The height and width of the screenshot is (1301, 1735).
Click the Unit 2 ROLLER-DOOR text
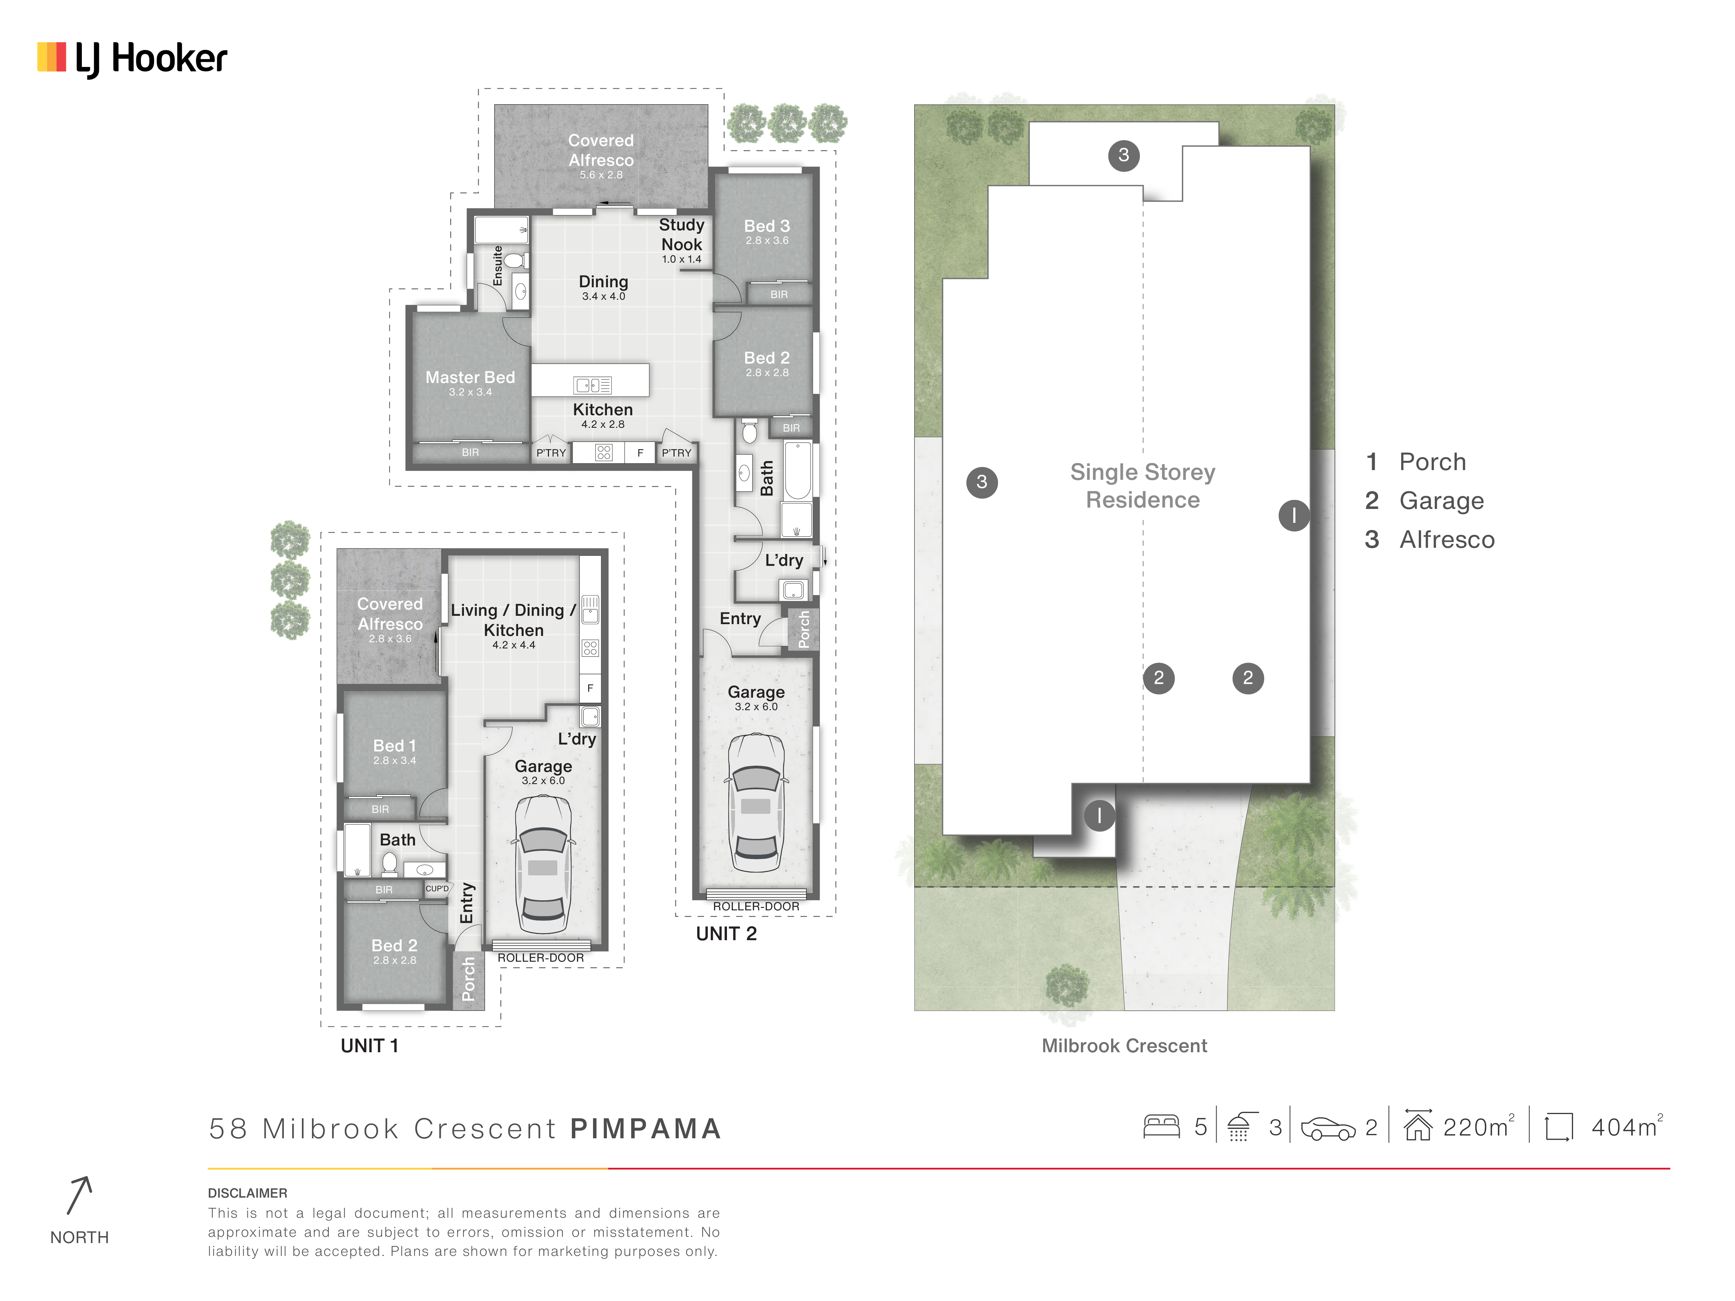pos(756,907)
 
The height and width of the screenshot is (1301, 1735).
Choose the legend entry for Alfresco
pos(1430,539)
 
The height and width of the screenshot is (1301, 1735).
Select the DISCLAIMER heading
pos(247,1193)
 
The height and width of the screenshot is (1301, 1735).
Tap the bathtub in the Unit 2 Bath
pos(798,470)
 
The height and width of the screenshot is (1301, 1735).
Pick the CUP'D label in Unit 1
pos(437,888)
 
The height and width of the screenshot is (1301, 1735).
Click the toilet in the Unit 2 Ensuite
pos(514,260)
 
